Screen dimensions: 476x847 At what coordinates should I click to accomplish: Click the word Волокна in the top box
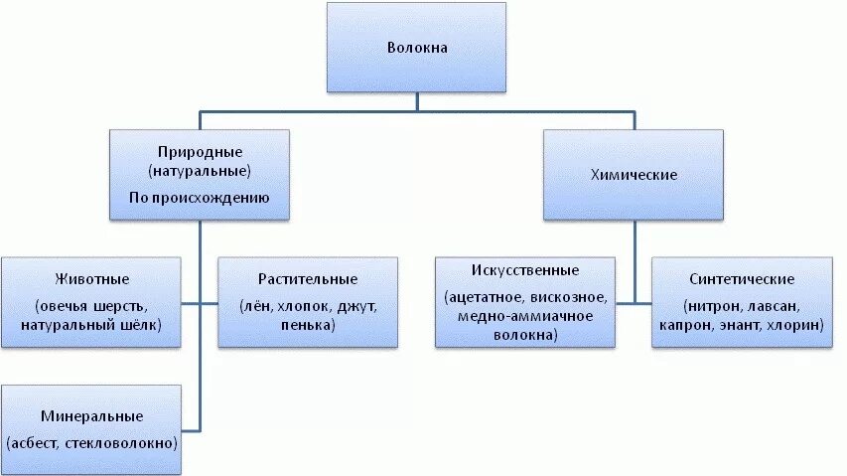pos(416,47)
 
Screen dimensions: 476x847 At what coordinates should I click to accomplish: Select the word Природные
pos(200,152)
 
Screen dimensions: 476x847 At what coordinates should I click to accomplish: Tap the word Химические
pos(633,174)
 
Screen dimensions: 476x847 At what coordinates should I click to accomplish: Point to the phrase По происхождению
pos(200,198)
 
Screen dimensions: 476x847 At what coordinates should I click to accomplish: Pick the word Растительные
pos(307,278)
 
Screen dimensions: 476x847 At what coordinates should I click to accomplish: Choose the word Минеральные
pos(92,414)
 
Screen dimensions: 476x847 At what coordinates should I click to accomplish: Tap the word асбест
pos(36,442)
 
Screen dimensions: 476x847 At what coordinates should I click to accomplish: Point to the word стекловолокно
pos(120,442)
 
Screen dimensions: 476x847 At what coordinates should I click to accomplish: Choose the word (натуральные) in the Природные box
pos(200,171)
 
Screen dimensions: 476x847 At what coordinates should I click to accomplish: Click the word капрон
pos(684,325)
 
